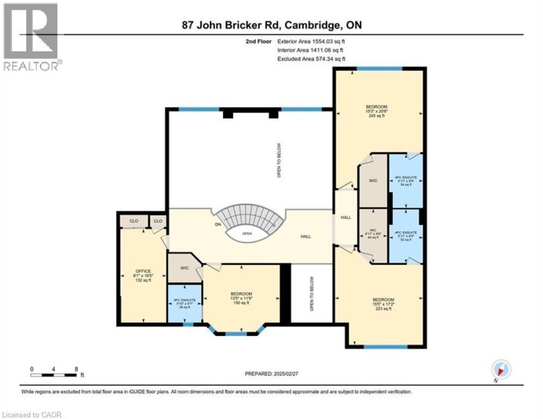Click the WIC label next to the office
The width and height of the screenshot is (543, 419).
[184, 268]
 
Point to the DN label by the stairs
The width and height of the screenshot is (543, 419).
[219, 224]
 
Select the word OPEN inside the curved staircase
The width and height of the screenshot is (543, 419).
[246, 234]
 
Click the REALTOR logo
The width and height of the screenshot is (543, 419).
[30, 38]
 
